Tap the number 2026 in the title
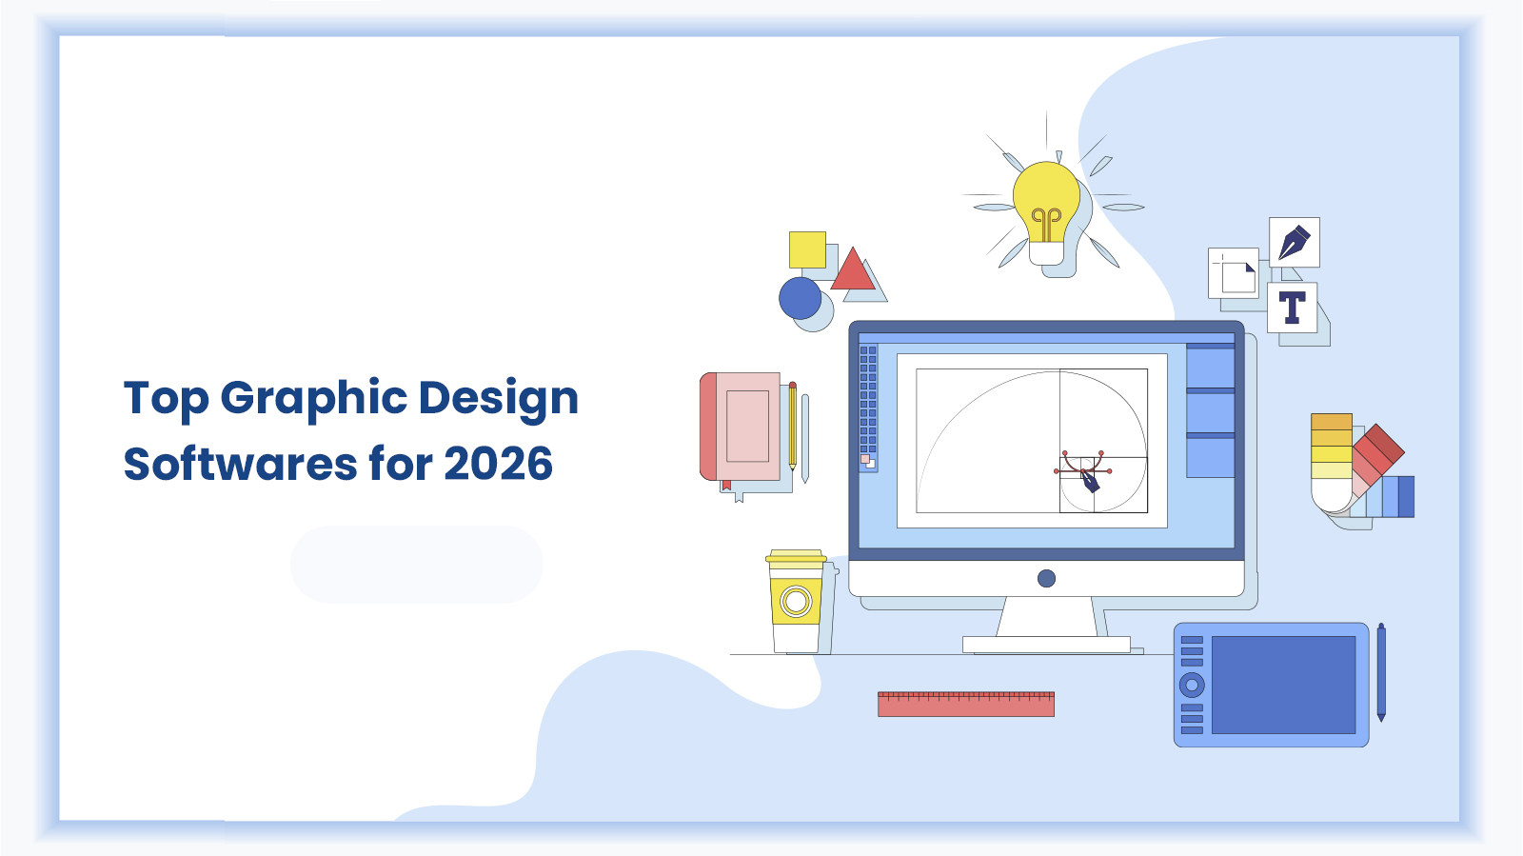point(498,464)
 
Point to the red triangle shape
point(853,271)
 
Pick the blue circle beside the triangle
point(800,298)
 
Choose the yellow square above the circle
point(807,249)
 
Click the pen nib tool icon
point(1294,242)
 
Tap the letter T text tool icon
point(1292,308)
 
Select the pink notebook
point(742,426)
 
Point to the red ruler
point(965,704)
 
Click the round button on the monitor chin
point(1046,578)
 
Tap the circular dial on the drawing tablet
point(1192,685)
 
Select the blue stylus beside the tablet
point(1381,671)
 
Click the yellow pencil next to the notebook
point(792,426)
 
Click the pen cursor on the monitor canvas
point(1089,480)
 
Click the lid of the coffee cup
point(796,557)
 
